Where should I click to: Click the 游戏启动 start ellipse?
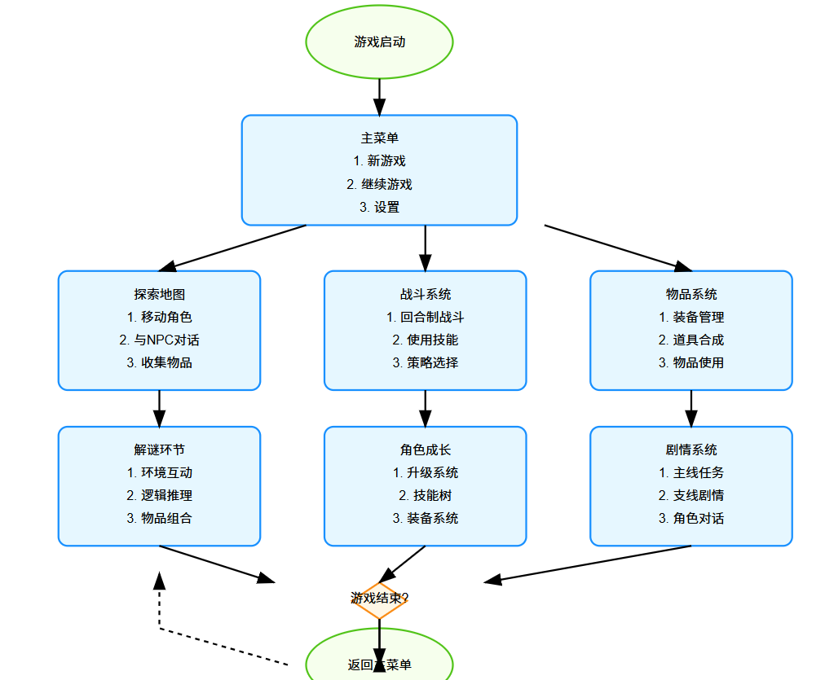(379, 42)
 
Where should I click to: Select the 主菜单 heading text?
(379, 138)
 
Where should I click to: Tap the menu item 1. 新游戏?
(379, 161)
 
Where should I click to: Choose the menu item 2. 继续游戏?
(379, 184)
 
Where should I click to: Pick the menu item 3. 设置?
(379, 207)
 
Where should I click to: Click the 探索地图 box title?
(159, 294)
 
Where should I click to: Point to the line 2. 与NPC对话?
(159, 340)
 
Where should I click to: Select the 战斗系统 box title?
(425, 294)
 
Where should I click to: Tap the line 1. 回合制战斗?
(425, 317)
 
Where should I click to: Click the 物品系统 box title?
(691, 294)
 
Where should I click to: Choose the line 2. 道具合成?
(691, 340)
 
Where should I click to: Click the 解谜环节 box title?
(159, 450)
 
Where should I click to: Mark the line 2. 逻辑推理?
(159, 495)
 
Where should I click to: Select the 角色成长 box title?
(425, 450)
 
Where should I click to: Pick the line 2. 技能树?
(425, 495)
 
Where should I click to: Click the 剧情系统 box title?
(691, 450)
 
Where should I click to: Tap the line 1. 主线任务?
(691, 472)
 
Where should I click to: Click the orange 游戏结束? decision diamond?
(379, 600)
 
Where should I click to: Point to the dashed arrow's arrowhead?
(160, 580)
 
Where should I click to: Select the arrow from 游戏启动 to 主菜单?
(379, 96)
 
